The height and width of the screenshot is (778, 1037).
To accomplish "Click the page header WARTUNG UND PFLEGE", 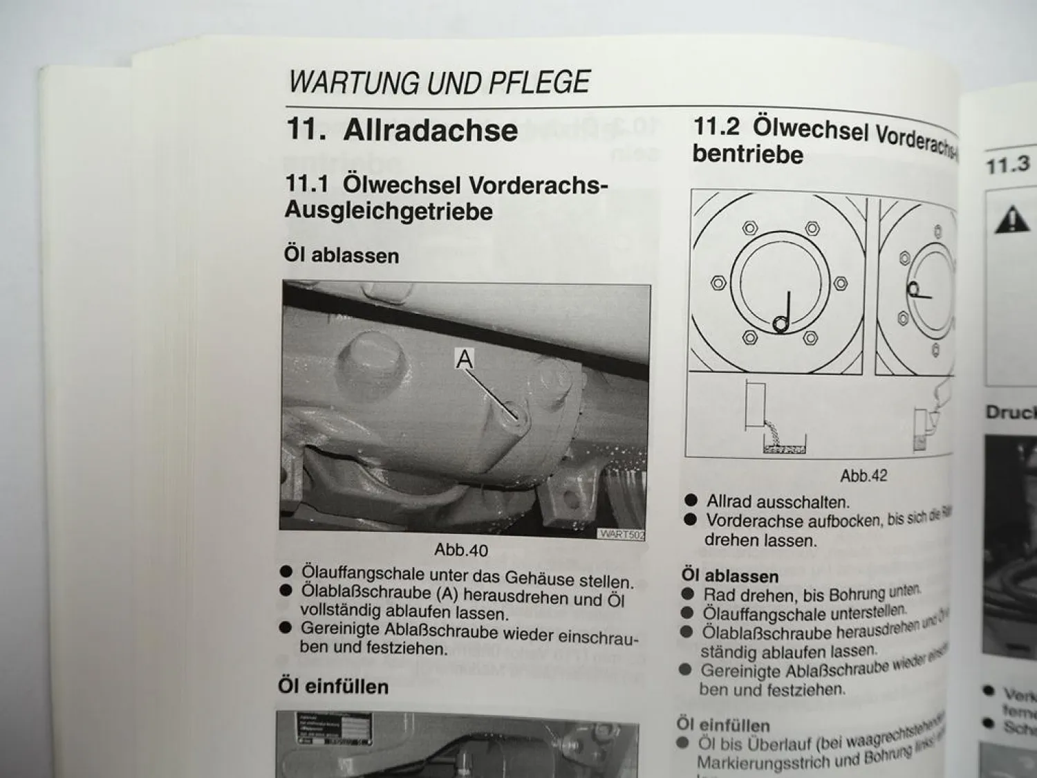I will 439,82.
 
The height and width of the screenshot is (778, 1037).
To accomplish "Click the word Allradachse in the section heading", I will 430,130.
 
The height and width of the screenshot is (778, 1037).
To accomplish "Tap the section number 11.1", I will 307,185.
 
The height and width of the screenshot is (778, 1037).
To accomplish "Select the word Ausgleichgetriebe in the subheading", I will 389,211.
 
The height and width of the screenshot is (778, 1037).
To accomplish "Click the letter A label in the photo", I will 465,359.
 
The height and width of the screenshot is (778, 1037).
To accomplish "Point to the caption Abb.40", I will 460,550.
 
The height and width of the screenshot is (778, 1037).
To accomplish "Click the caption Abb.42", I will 863,476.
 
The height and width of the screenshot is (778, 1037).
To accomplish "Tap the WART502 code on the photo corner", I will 622,534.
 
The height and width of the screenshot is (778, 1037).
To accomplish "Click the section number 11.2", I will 716,127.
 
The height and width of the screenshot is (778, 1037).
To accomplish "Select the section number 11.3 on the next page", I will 1007,166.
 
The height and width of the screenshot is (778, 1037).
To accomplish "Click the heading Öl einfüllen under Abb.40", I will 333,686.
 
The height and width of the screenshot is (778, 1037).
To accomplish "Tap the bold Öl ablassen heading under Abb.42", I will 730,575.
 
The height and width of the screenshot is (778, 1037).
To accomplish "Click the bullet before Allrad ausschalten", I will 690,500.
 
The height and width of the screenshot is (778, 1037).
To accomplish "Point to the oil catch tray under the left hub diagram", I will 783,449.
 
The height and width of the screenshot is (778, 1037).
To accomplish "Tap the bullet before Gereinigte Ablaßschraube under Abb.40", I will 286,628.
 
